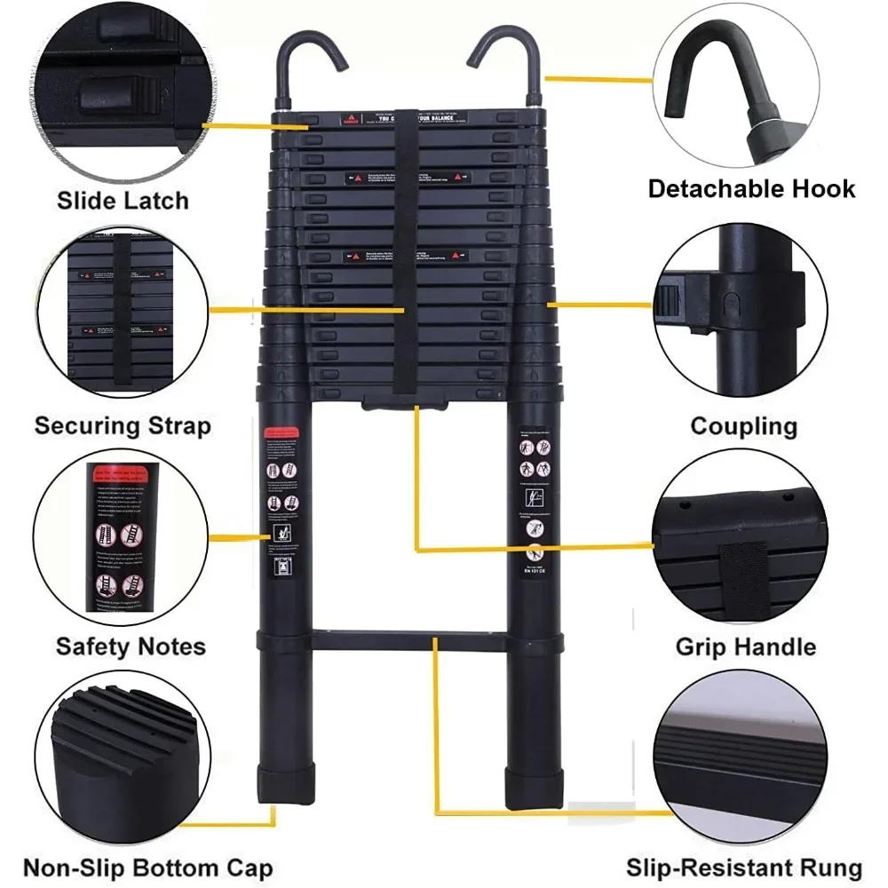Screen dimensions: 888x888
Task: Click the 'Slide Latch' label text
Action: pos(123,200)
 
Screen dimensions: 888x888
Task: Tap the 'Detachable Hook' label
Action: pos(751,188)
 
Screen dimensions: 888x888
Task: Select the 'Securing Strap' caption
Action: pos(123,425)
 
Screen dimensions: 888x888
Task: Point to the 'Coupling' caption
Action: pos(744,425)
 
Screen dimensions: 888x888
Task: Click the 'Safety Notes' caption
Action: pos(131,646)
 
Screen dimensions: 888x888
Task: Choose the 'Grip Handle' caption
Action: pos(746,646)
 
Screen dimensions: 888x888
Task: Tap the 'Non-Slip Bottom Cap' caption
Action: pos(147,868)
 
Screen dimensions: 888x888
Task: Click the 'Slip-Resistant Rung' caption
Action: pos(744,868)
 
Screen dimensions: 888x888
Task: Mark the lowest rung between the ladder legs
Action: pos(408,640)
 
